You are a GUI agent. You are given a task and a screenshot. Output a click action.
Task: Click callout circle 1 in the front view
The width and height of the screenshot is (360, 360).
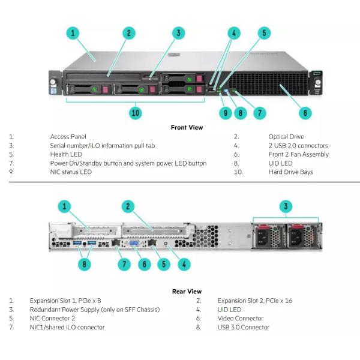[x=73, y=33]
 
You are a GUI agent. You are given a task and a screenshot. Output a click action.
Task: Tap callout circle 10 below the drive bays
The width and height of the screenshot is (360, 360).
[x=136, y=112]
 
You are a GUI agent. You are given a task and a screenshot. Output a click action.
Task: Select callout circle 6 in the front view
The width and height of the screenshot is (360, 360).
[x=305, y=112]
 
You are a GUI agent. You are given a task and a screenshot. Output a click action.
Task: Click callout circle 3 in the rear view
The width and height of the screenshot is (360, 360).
[x=287, y=207]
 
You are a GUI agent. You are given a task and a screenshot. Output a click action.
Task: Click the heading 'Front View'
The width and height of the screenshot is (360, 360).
[x=187, y=127]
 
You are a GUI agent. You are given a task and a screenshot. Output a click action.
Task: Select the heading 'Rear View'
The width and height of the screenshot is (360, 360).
[x=187, y=292]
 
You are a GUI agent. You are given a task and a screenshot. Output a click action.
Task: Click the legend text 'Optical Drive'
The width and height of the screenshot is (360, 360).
[x=287, y=137]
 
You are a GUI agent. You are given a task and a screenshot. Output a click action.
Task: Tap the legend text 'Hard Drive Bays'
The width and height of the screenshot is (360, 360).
[x=290, y=172]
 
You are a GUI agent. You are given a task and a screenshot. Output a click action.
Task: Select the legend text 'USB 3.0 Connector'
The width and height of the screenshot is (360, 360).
[x=243, y=328]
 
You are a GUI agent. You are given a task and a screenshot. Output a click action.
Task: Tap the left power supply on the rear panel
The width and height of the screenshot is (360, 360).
[x=265, y=236]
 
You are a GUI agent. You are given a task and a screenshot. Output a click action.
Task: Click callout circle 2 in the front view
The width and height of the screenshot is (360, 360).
[x=128, y=33]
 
